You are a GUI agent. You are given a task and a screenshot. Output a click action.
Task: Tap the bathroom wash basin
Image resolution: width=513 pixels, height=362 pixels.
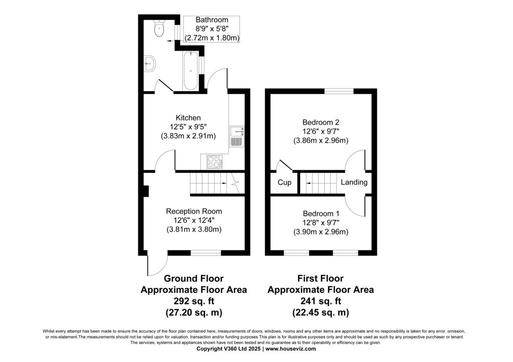pos(150,64)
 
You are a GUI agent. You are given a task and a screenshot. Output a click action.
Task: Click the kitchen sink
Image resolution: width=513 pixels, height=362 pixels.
pos(236,136)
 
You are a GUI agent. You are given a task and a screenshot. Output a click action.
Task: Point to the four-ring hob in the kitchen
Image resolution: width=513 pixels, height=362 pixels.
pos(213,162)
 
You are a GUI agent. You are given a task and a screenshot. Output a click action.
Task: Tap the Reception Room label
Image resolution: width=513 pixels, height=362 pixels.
pos(194,211)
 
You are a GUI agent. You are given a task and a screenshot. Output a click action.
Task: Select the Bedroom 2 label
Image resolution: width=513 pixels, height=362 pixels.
pos(321,122)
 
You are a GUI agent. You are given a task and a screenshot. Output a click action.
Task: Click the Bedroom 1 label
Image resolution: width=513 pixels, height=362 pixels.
pos(321,213)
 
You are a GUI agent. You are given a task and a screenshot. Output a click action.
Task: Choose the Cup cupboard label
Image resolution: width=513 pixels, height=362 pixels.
pos(284,183)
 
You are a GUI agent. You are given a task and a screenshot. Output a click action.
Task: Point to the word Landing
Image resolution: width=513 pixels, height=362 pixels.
pos(354,182)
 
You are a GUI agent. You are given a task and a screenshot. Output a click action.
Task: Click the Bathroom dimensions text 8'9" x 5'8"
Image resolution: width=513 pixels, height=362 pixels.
pos(212,29)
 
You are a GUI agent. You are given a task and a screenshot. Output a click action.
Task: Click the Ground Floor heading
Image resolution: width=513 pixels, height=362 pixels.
pos(194,278)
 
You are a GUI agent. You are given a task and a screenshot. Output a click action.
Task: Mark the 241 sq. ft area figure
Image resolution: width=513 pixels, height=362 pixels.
pos(321,301)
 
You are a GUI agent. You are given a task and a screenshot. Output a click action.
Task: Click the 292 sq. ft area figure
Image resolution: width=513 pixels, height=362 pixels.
pos(194,301)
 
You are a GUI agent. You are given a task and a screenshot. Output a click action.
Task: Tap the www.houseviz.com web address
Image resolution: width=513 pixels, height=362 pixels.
pos(291,349)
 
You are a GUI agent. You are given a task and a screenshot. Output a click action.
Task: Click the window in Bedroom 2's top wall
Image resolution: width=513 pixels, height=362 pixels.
pos(339,91)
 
